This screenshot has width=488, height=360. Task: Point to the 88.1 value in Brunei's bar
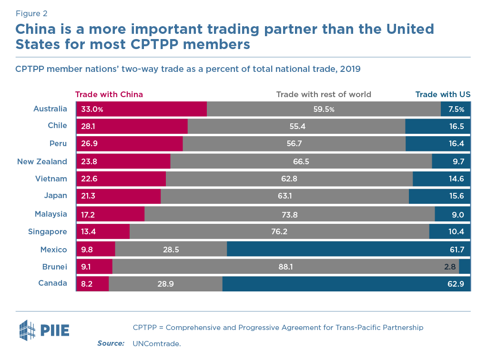[285, 267]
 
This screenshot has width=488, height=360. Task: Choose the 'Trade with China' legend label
[109, 94]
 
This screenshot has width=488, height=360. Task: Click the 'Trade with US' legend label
[443, 94]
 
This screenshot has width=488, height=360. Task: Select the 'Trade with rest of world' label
[324, 94]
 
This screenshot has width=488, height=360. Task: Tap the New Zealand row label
[42, 161]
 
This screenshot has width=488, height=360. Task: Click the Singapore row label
[48, 232]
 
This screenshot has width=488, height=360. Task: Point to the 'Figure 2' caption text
[31, 13]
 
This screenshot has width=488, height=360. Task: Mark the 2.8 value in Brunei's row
[450, 267]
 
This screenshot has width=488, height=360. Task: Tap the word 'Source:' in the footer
[111, 343]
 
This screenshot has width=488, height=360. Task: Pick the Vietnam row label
[51, 179]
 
